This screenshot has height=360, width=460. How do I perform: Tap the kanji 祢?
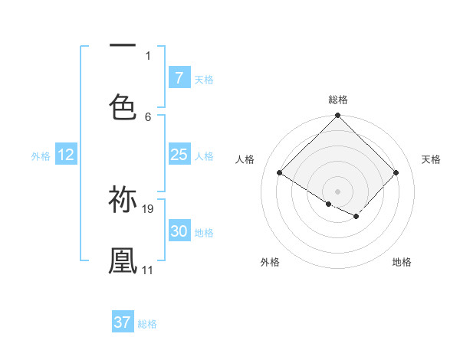[123, 199]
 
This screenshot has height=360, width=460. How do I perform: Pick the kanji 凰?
[123, 260]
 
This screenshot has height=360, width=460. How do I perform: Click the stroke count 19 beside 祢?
[148, 208]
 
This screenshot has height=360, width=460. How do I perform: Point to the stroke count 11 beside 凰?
[147, 270]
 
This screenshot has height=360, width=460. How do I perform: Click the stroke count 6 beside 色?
[148, 116]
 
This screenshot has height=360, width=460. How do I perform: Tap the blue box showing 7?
[179, 78]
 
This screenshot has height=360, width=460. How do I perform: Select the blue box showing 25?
[179, 155]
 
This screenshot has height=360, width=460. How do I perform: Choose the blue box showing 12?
[66, 155]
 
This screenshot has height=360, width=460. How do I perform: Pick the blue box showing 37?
[122, 322]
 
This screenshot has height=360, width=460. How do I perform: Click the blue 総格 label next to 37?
[147, 324]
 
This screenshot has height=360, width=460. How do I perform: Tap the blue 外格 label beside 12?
[41, 156]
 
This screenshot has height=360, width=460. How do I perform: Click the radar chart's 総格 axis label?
[338, 100]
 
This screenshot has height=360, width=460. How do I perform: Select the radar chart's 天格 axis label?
[432, 159]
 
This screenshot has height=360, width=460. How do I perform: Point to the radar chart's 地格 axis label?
[402, 262]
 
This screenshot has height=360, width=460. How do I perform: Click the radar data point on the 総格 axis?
[338, 116]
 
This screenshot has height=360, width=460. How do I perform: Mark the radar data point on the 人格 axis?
[280, 173]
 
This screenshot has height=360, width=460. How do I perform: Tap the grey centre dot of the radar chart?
[338, 191]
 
